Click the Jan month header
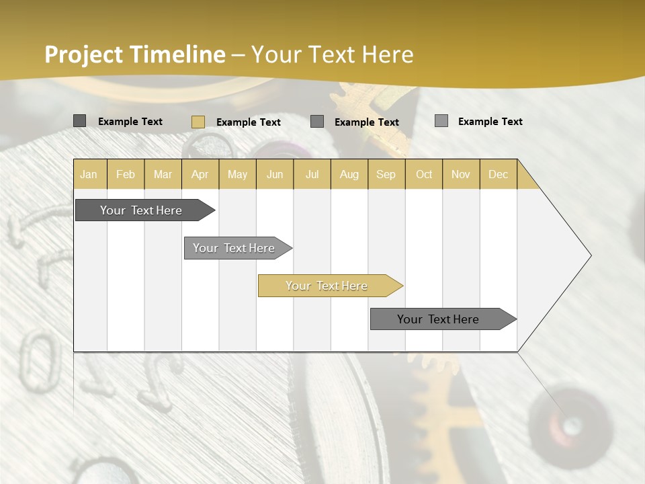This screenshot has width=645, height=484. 89,174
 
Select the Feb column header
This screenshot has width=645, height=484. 126,174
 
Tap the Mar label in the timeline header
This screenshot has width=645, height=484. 163,174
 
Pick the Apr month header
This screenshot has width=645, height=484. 200,174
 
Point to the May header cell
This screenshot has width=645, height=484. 237,174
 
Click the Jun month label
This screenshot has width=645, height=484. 275,174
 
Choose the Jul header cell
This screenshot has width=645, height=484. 312,174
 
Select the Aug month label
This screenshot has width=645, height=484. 349,174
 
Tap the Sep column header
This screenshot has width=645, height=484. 386,174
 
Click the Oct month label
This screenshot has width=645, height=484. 424,174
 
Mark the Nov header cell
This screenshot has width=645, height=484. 461,174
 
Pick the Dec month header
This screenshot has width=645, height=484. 499,174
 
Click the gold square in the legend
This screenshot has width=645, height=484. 198,122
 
